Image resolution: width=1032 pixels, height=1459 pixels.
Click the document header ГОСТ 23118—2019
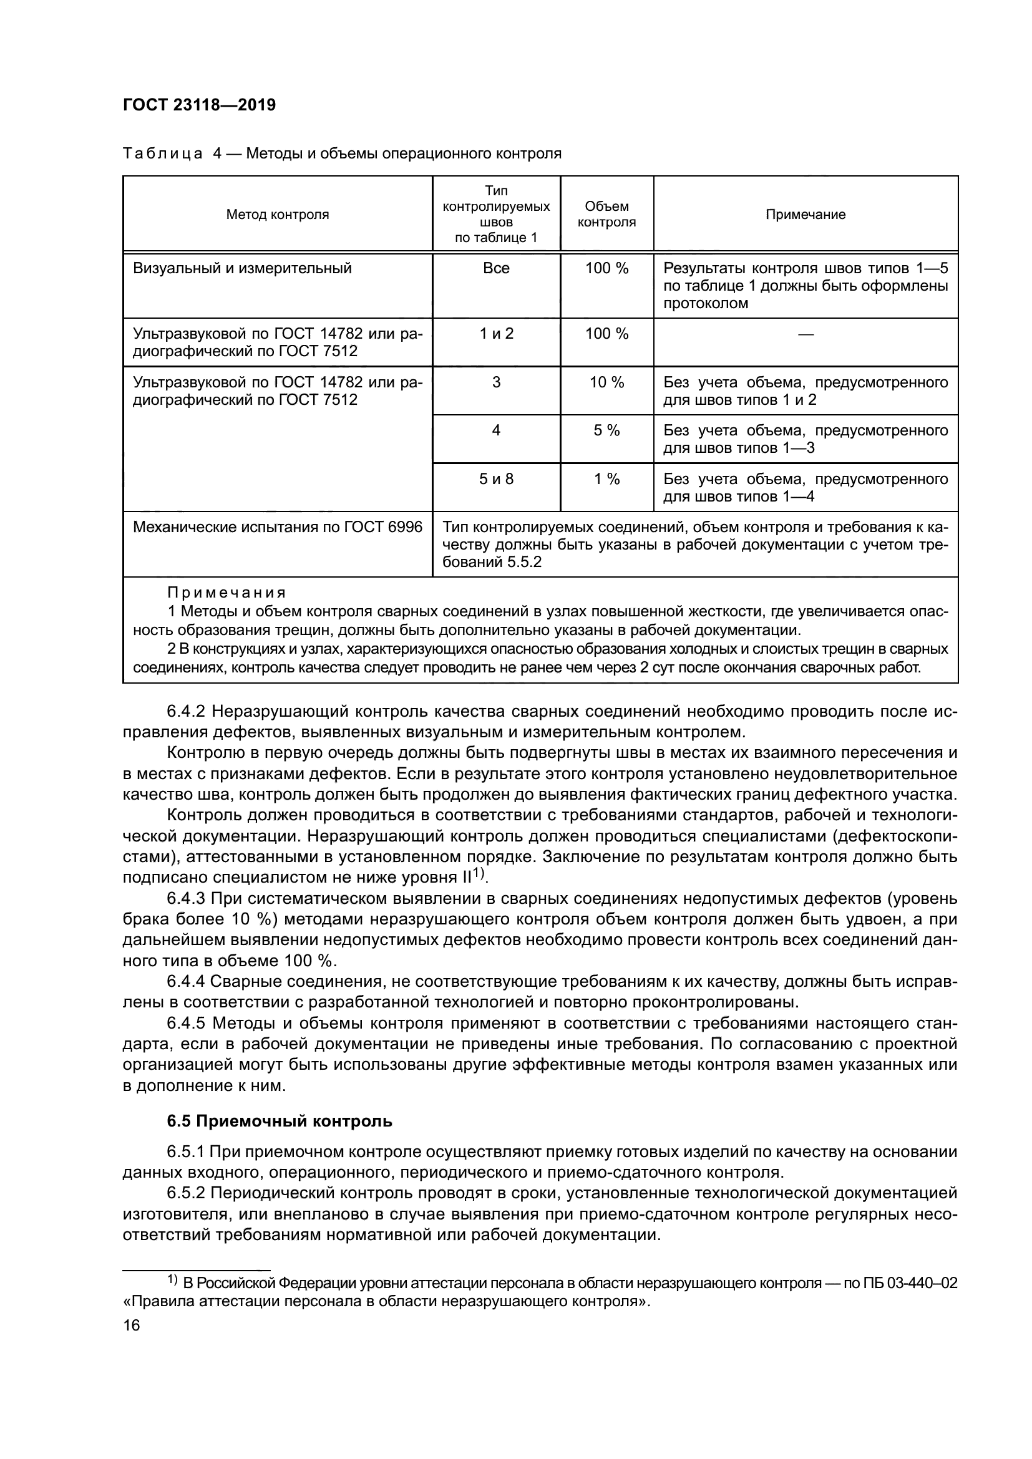[199, 105]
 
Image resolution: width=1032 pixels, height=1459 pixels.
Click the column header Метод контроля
[278, 215]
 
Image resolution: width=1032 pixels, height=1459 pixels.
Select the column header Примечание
[805, 215]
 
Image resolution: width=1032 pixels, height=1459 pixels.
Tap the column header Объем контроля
[607, 215]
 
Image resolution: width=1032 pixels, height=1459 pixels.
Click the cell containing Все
[496, 269]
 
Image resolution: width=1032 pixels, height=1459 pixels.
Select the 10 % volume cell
[607, 382]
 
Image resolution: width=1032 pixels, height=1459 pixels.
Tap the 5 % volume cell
[607, 431]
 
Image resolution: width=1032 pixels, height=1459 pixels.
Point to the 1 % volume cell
[607, 479]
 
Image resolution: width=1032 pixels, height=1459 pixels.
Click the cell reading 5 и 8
[496, 479]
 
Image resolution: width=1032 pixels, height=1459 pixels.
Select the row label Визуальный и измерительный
[242, 269]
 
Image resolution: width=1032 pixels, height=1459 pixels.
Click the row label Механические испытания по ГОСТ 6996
[278, 528]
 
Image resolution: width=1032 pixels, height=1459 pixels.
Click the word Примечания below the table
[226, 593]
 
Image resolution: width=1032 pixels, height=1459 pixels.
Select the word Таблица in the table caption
[163, 154]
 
